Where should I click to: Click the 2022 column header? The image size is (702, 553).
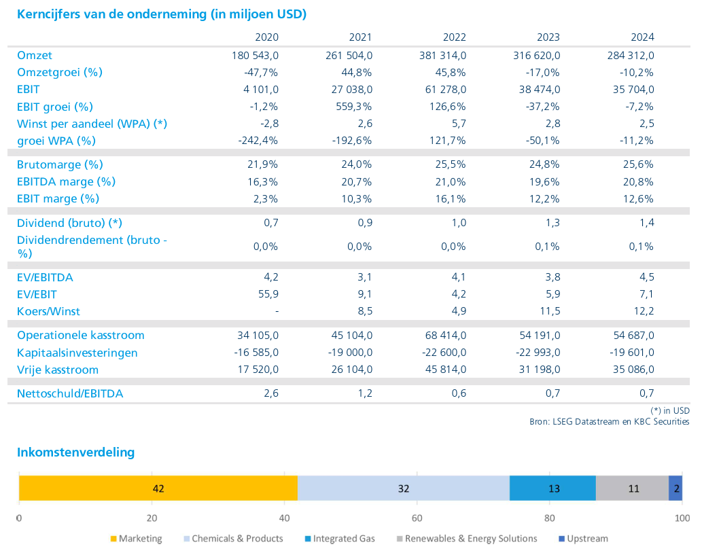(x=455, y=37)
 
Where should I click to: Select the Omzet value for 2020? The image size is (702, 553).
(x=255, y=56)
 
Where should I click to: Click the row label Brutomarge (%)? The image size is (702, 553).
(x=60, y=164)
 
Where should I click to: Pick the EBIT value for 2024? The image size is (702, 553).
(x=633, y=90)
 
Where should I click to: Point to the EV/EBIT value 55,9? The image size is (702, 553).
(x=268, y=294)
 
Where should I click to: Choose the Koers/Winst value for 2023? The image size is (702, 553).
(x=550, y=311)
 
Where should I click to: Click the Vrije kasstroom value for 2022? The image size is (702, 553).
(x=446, y=370)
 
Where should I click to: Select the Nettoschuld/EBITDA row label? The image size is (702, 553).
(x=70, y=394)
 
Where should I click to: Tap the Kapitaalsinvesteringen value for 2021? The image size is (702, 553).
(x=350, y=353)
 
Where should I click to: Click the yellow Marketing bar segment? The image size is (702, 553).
(x=158, y=488)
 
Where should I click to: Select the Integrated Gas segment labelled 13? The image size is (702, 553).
(x=552, y=488)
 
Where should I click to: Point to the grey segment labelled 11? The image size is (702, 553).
(x=632, y=488)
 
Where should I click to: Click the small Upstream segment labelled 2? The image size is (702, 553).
(x=675, y=488)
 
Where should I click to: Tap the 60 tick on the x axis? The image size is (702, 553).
(x=417, y=518)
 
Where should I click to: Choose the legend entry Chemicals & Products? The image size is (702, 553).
(x=233, y=539)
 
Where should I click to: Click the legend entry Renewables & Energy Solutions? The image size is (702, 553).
(x=467, y=539)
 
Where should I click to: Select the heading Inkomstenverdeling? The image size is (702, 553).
(x=75, y=452)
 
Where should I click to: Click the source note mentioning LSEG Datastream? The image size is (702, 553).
(x=610, y=421)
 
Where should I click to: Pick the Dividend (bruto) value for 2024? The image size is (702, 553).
(x=647, y=223)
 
